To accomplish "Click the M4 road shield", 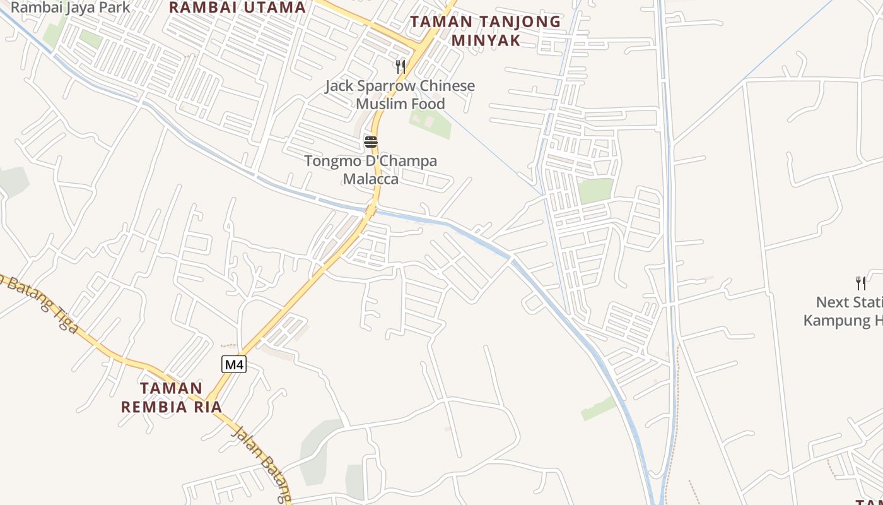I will pos(233,364).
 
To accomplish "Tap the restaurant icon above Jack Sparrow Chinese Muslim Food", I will pos(400,66).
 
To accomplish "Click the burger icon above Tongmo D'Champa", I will pos(371,142).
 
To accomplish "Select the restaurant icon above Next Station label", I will pos(860,283).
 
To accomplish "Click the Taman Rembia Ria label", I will pos(172,398).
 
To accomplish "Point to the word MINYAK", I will pos(486,40).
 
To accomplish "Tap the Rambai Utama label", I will pos(237,8).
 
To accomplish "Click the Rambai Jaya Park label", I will pos(71,8).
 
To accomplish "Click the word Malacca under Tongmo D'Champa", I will pos(371,179).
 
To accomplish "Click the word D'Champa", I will pos(404,161).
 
